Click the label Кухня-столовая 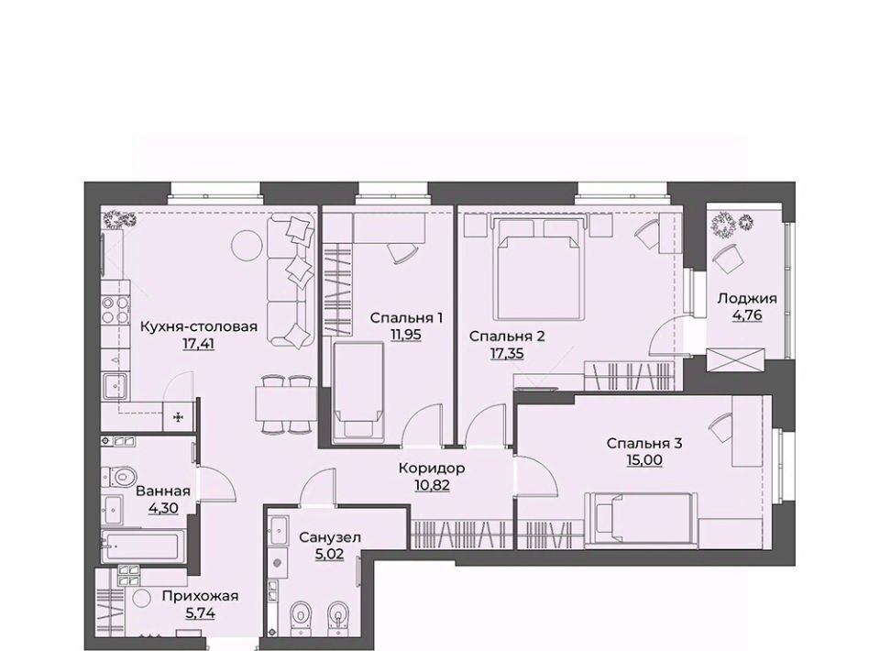click(x=198, y=326)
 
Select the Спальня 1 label click(x=406, y=318)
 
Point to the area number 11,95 click(x=406, y=335)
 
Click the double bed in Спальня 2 click(x=539, y=269)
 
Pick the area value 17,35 click(x=507, y=353)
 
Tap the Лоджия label click(x=747, y=299)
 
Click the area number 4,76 click(x=747, y=315)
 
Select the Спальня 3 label click(x=644, y=444)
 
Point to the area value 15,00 click(x=644, y=460)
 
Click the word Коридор click(x=432, y=468)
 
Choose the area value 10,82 click(x=432, y=485)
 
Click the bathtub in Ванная click(x=143, y=546)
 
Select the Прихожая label click(x=200, y=596)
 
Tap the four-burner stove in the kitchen click(x=115, y=310)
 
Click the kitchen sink click(x=115, y=386)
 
